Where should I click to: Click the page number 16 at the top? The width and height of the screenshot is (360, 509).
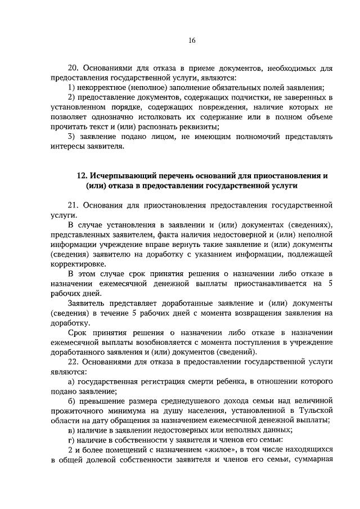pos(191,40)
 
